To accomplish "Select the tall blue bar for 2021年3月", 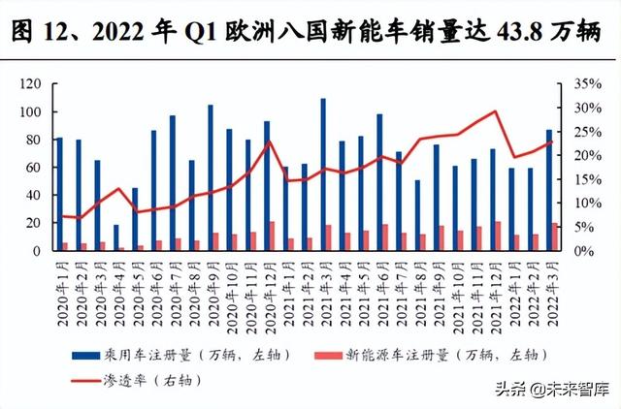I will (x=322, y=174).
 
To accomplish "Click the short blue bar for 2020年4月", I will (x=116, y=237).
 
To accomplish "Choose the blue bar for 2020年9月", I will (x=210, y=177).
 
